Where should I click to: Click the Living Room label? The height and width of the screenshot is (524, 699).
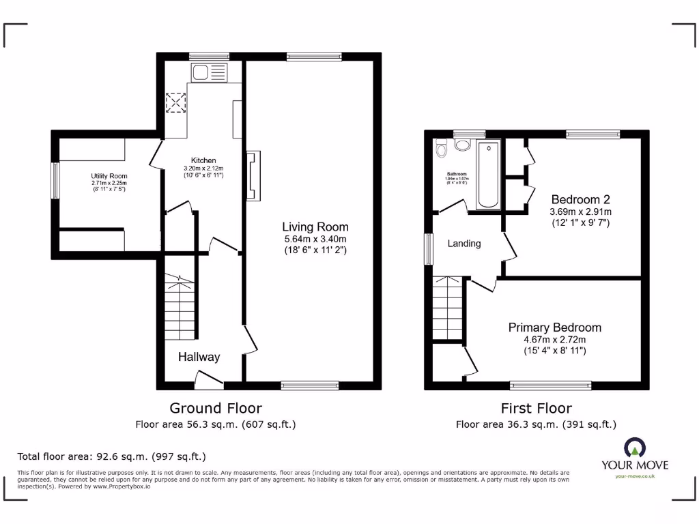coord(315,227)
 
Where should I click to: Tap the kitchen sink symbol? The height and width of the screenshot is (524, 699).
coord(208,72)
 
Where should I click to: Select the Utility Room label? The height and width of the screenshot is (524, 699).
coord(109,176)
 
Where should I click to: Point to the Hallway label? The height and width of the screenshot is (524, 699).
coord(199,357)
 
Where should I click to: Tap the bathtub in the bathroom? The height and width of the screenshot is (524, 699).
coord(489,175)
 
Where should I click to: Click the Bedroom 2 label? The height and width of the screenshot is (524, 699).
coord(580,199)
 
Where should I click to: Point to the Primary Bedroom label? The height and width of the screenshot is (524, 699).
coord(554,327)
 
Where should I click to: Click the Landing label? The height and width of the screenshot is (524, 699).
coord(464,244)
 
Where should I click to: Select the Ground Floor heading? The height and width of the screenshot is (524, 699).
coord(215,408)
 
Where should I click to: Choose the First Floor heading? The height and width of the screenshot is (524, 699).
coord(536,408)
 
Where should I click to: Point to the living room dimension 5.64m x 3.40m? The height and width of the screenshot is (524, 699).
coord(315,239)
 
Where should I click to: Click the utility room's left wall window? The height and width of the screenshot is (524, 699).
coord(55,181)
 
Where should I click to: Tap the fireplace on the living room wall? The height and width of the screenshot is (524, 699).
coord(252,175)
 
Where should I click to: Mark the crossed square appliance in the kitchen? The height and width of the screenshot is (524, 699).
coord(176,104)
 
